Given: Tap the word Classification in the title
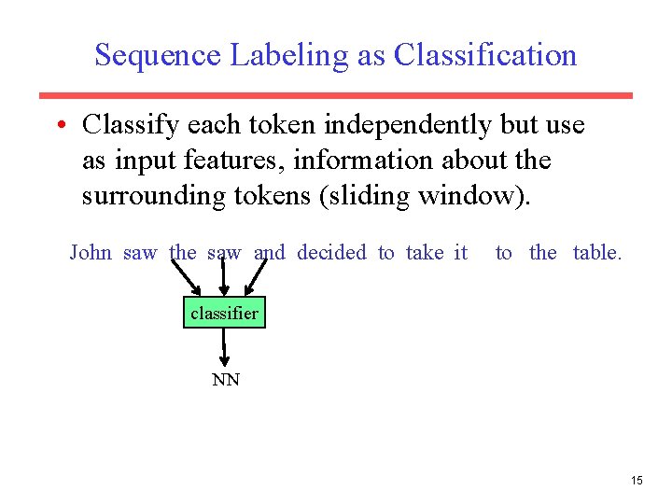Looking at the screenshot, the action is click(485, 56).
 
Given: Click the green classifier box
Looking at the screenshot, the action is click(224, 314).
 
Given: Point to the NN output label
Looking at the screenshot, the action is click(225, 380).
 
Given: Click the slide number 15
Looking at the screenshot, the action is click(637, 481).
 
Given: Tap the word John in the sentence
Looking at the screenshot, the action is click(91, 253).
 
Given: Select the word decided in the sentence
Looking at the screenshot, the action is click(331, 253).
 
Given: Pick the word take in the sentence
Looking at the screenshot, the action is click(425, 253).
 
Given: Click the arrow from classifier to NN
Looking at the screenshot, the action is click(225, 348).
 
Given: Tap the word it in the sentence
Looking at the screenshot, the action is click(460, 253).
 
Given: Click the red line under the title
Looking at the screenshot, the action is click(335, 95).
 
